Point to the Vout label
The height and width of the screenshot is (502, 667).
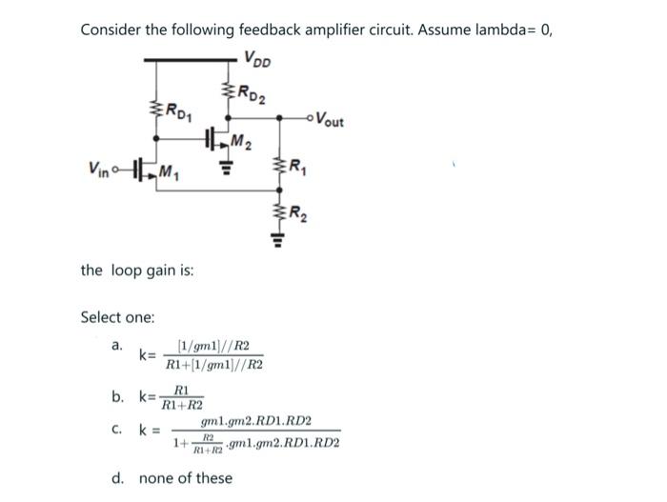coord(333,121)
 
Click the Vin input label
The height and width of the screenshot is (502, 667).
coord(99,171)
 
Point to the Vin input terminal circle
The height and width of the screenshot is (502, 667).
coord(115,171)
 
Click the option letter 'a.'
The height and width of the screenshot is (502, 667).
coord(116,345)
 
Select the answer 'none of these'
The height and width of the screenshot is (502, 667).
coord(186,477)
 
